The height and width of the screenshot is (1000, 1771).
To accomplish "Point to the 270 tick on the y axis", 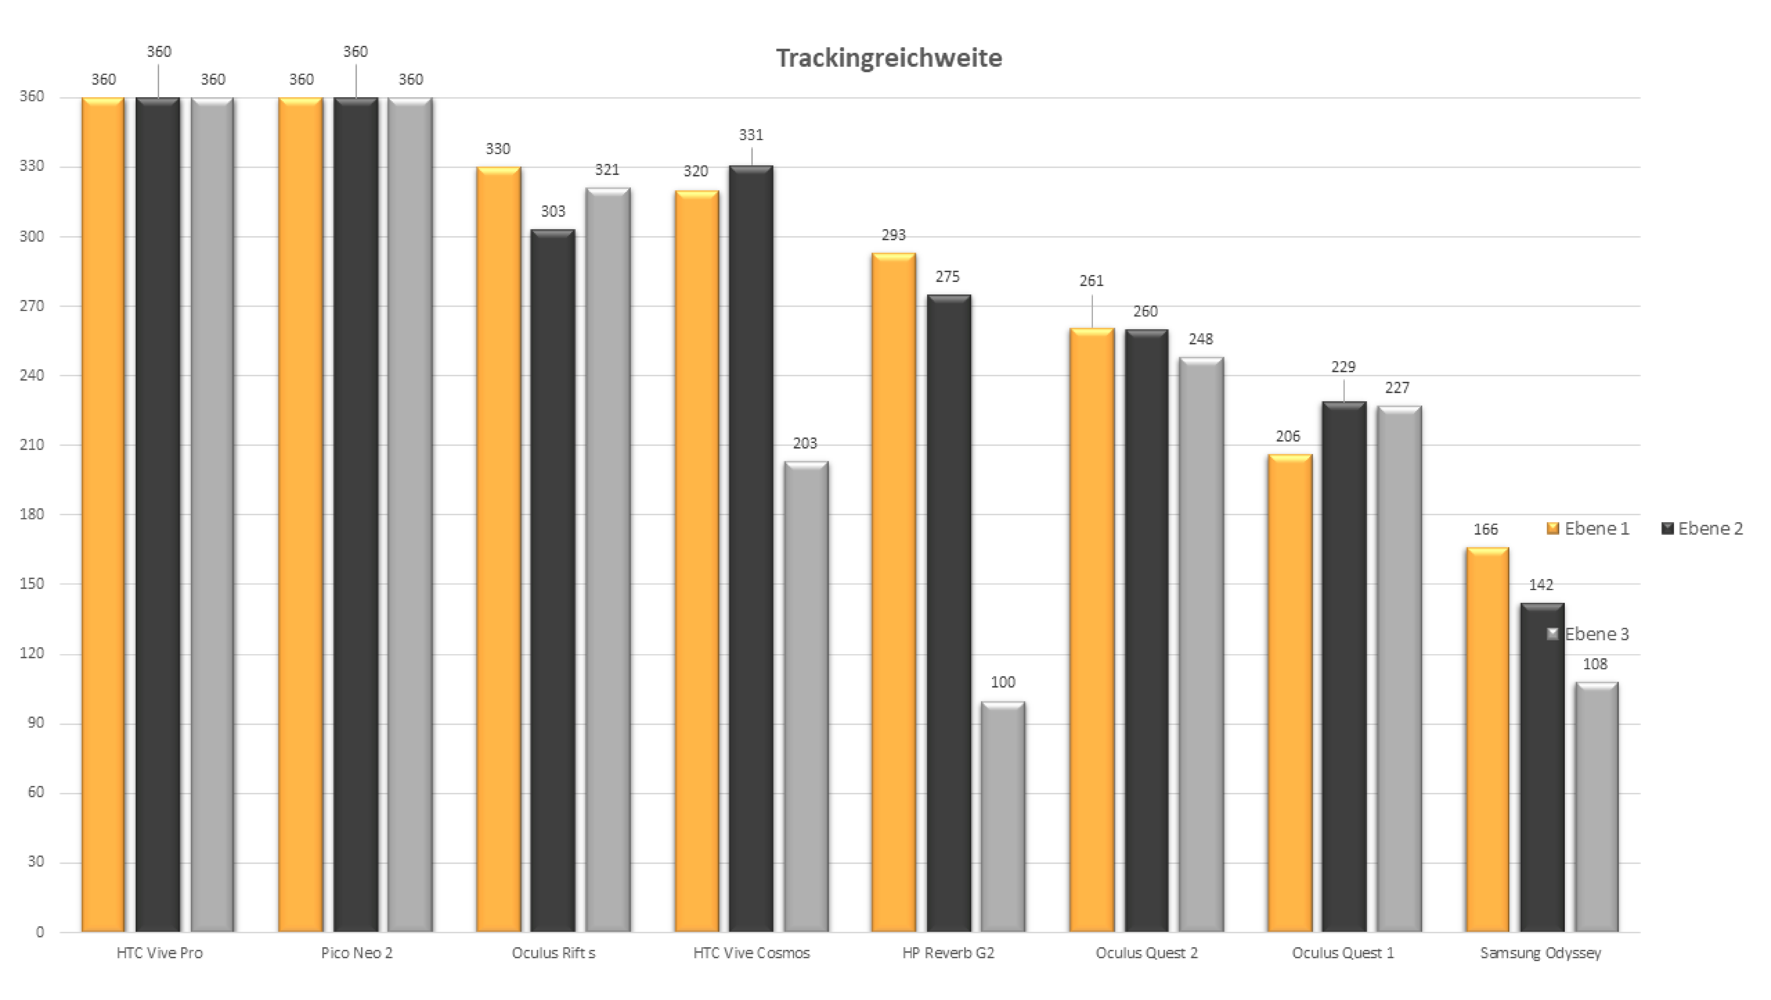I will coord(32,306).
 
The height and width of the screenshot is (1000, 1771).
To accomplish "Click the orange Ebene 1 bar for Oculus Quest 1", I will coord(1290,694).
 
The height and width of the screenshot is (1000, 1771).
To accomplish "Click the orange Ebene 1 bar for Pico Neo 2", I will coord(301,515).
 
